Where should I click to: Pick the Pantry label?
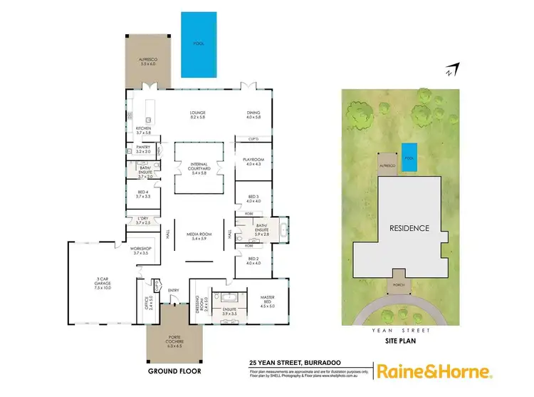coord(144,150)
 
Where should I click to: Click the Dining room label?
coord(254,115)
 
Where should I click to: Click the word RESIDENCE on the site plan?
coord(409,229)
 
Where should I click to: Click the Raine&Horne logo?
coord(434,372)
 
